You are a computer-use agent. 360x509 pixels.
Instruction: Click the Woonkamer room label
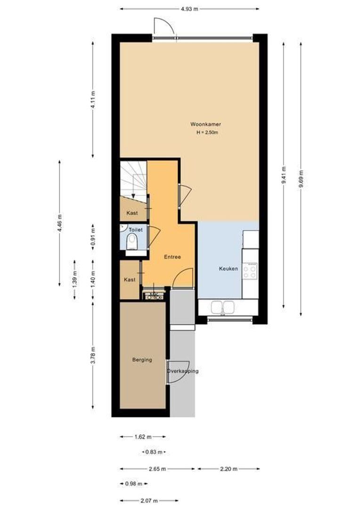tap(206, 124)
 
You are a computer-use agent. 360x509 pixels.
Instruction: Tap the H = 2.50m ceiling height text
tap(207, 133)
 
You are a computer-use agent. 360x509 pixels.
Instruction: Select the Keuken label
tap(228, 269)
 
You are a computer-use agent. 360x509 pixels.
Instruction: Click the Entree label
tap(172, 257)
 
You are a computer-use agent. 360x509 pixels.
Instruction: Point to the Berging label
tap(142, 360)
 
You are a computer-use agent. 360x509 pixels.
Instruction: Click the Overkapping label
tap(182, 371)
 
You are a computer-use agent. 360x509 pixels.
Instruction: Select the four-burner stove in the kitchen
tap(250, 270)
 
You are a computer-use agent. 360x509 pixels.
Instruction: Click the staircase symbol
tap(133, 179)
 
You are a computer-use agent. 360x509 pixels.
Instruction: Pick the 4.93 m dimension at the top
tap(189, 8)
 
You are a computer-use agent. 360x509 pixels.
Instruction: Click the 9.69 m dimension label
tap(300, 179)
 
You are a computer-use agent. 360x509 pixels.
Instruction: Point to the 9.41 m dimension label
tap(283, 175)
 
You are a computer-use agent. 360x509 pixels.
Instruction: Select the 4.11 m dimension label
tap(92, 99)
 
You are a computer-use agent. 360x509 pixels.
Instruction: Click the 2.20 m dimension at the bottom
tap(229, 469)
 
